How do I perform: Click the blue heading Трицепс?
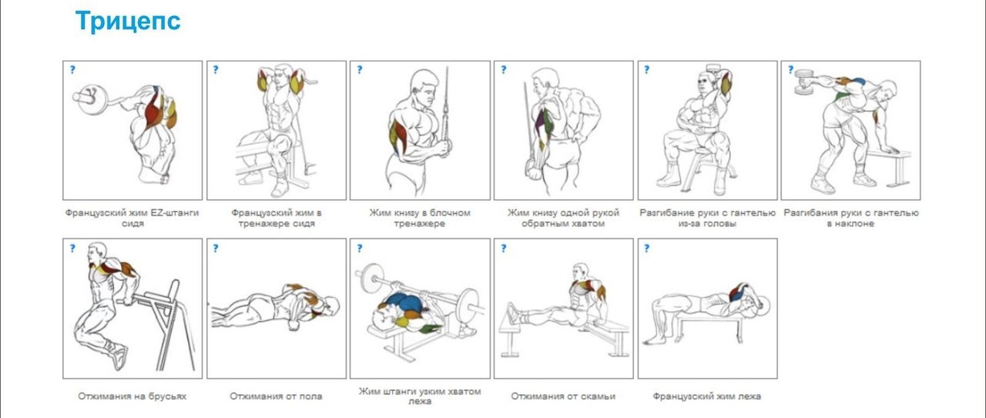(128, 22)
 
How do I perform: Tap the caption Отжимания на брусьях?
(132, 396)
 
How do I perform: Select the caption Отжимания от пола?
(276, 396)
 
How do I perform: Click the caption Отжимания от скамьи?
(563, 396)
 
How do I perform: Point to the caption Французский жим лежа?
(707, 396)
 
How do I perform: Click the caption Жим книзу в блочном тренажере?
(420, 218)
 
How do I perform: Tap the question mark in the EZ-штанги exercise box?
(72, 69)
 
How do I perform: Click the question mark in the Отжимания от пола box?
(216, 248)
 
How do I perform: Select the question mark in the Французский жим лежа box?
(646, 248)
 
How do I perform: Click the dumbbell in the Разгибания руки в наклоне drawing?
(803, 82)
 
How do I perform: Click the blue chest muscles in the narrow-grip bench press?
(405, 303)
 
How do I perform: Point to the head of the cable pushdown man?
(424, 86)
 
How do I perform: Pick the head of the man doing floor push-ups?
(330, 306)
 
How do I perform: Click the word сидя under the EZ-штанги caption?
(132, 223)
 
